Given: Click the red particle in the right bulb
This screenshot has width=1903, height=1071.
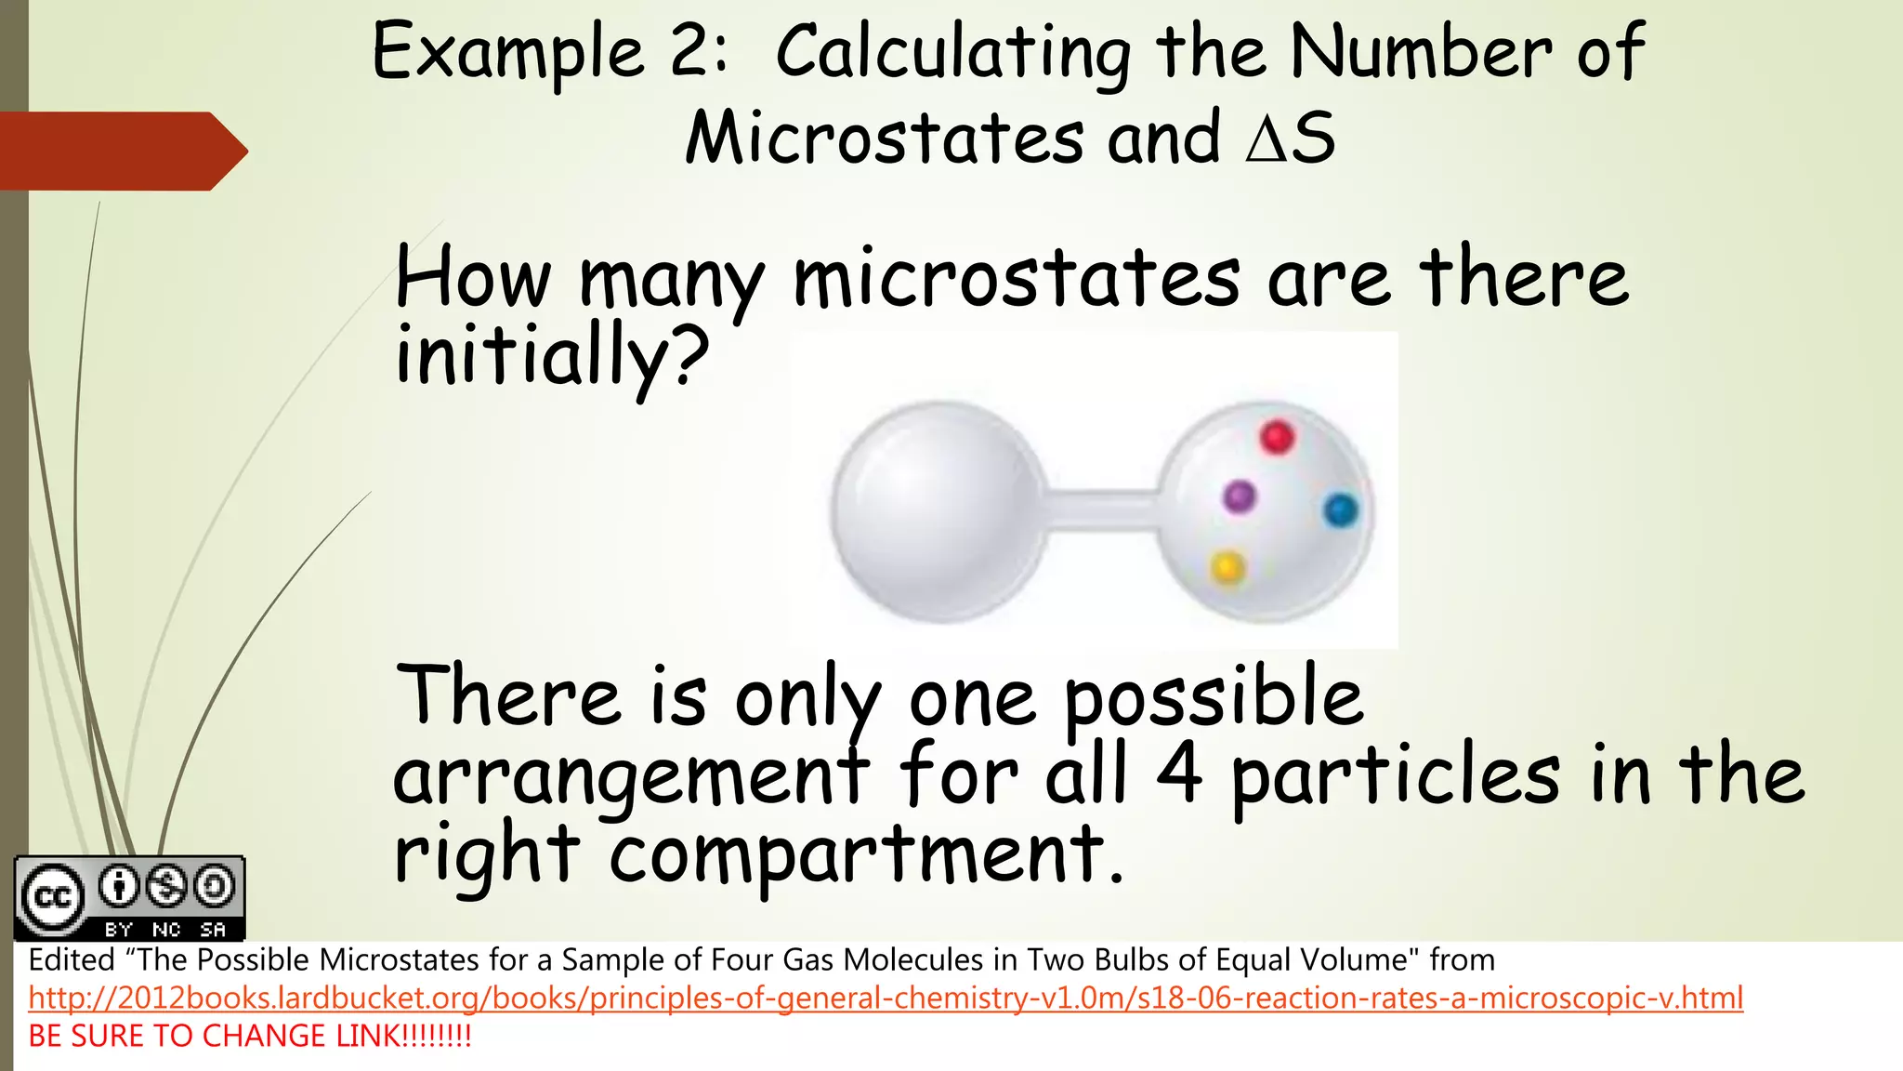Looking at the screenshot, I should coord(1277,436).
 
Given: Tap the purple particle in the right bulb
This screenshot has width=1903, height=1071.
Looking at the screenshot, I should coord(1239,496).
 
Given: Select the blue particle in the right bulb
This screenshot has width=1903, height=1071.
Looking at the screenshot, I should coord(1340,510).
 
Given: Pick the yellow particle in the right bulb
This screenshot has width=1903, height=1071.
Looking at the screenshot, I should coord(1227,566).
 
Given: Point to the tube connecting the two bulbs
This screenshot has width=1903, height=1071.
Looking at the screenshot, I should coord(1102,510).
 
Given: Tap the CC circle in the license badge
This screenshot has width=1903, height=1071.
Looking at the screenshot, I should coord(52,897).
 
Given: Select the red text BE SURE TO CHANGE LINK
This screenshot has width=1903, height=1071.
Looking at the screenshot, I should coord(250,1036).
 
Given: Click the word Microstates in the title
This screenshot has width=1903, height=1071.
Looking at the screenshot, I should coord(884,138).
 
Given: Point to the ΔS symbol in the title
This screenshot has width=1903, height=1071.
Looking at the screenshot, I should coord(1290,138).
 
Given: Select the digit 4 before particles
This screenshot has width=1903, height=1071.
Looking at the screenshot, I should coord(1179,773).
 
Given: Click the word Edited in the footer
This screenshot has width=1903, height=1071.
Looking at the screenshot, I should coord(72,959).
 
